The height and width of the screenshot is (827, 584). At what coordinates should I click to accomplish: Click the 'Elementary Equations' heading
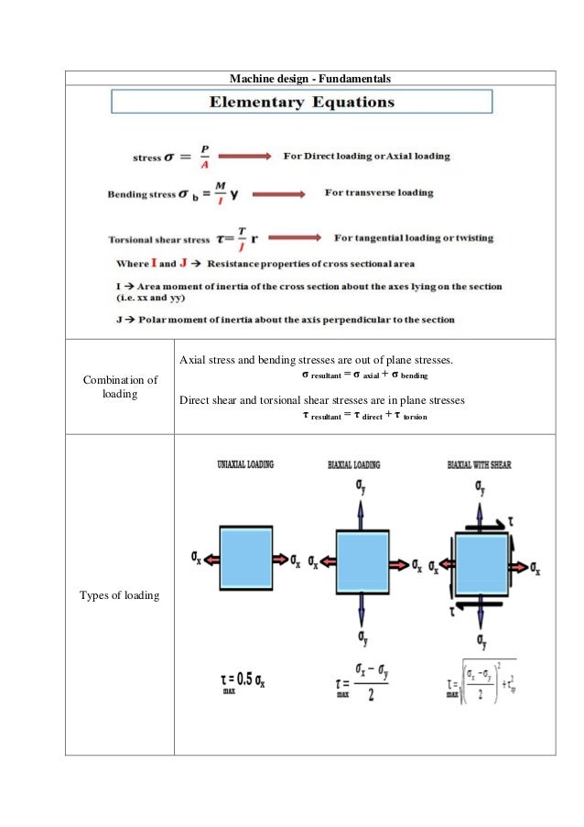302,103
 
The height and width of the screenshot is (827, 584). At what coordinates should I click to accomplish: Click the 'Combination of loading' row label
120,386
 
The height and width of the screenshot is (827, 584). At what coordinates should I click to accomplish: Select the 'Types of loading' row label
120,596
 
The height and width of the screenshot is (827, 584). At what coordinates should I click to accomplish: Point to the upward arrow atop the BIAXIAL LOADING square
364,506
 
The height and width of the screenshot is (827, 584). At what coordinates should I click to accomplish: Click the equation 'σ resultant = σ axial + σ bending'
364,375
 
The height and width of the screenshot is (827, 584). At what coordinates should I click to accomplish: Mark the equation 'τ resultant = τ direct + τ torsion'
364,416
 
